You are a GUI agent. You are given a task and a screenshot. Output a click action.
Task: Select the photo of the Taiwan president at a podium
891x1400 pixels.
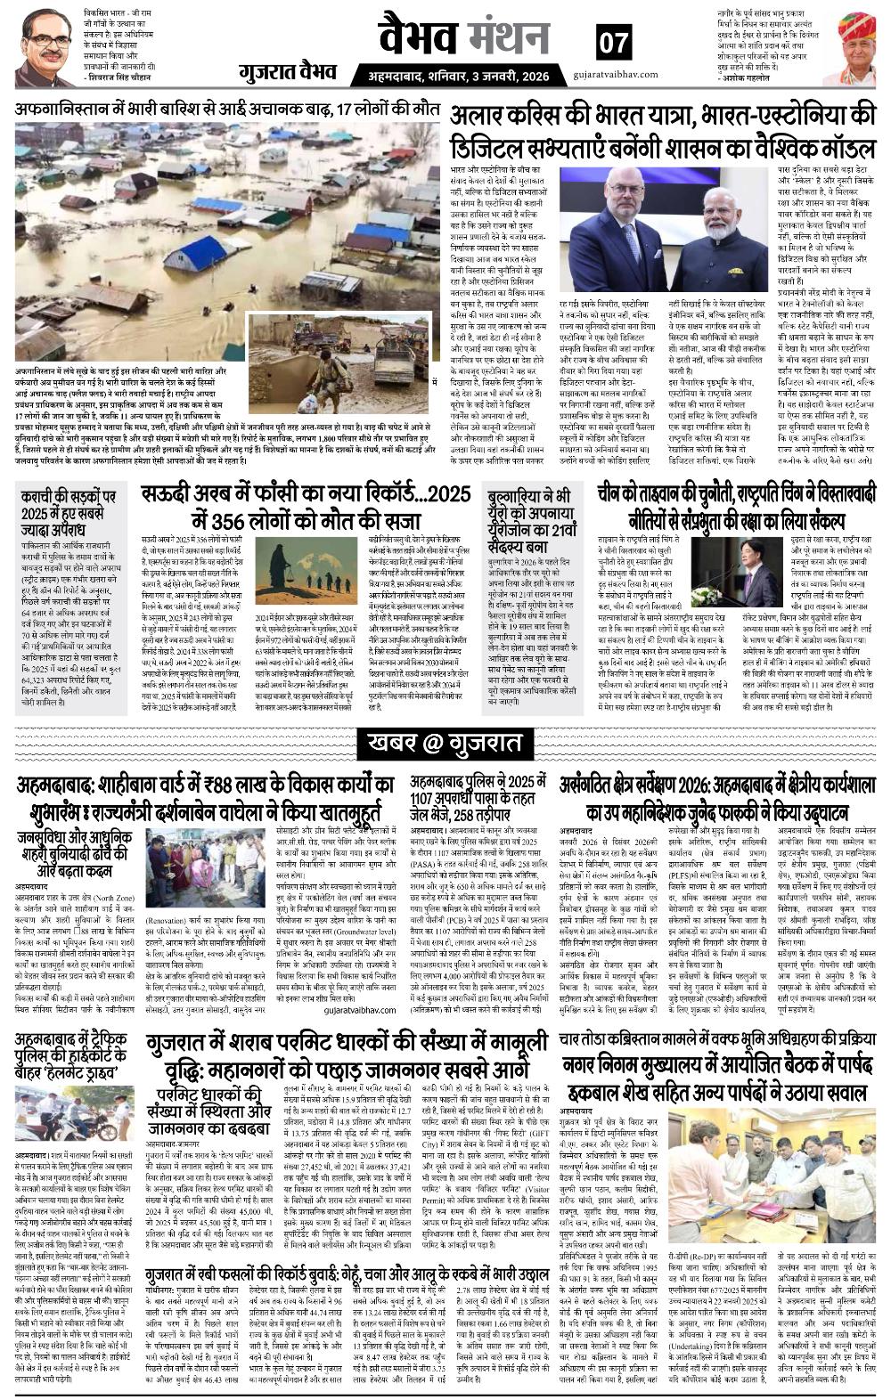click(x=768, y=567)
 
